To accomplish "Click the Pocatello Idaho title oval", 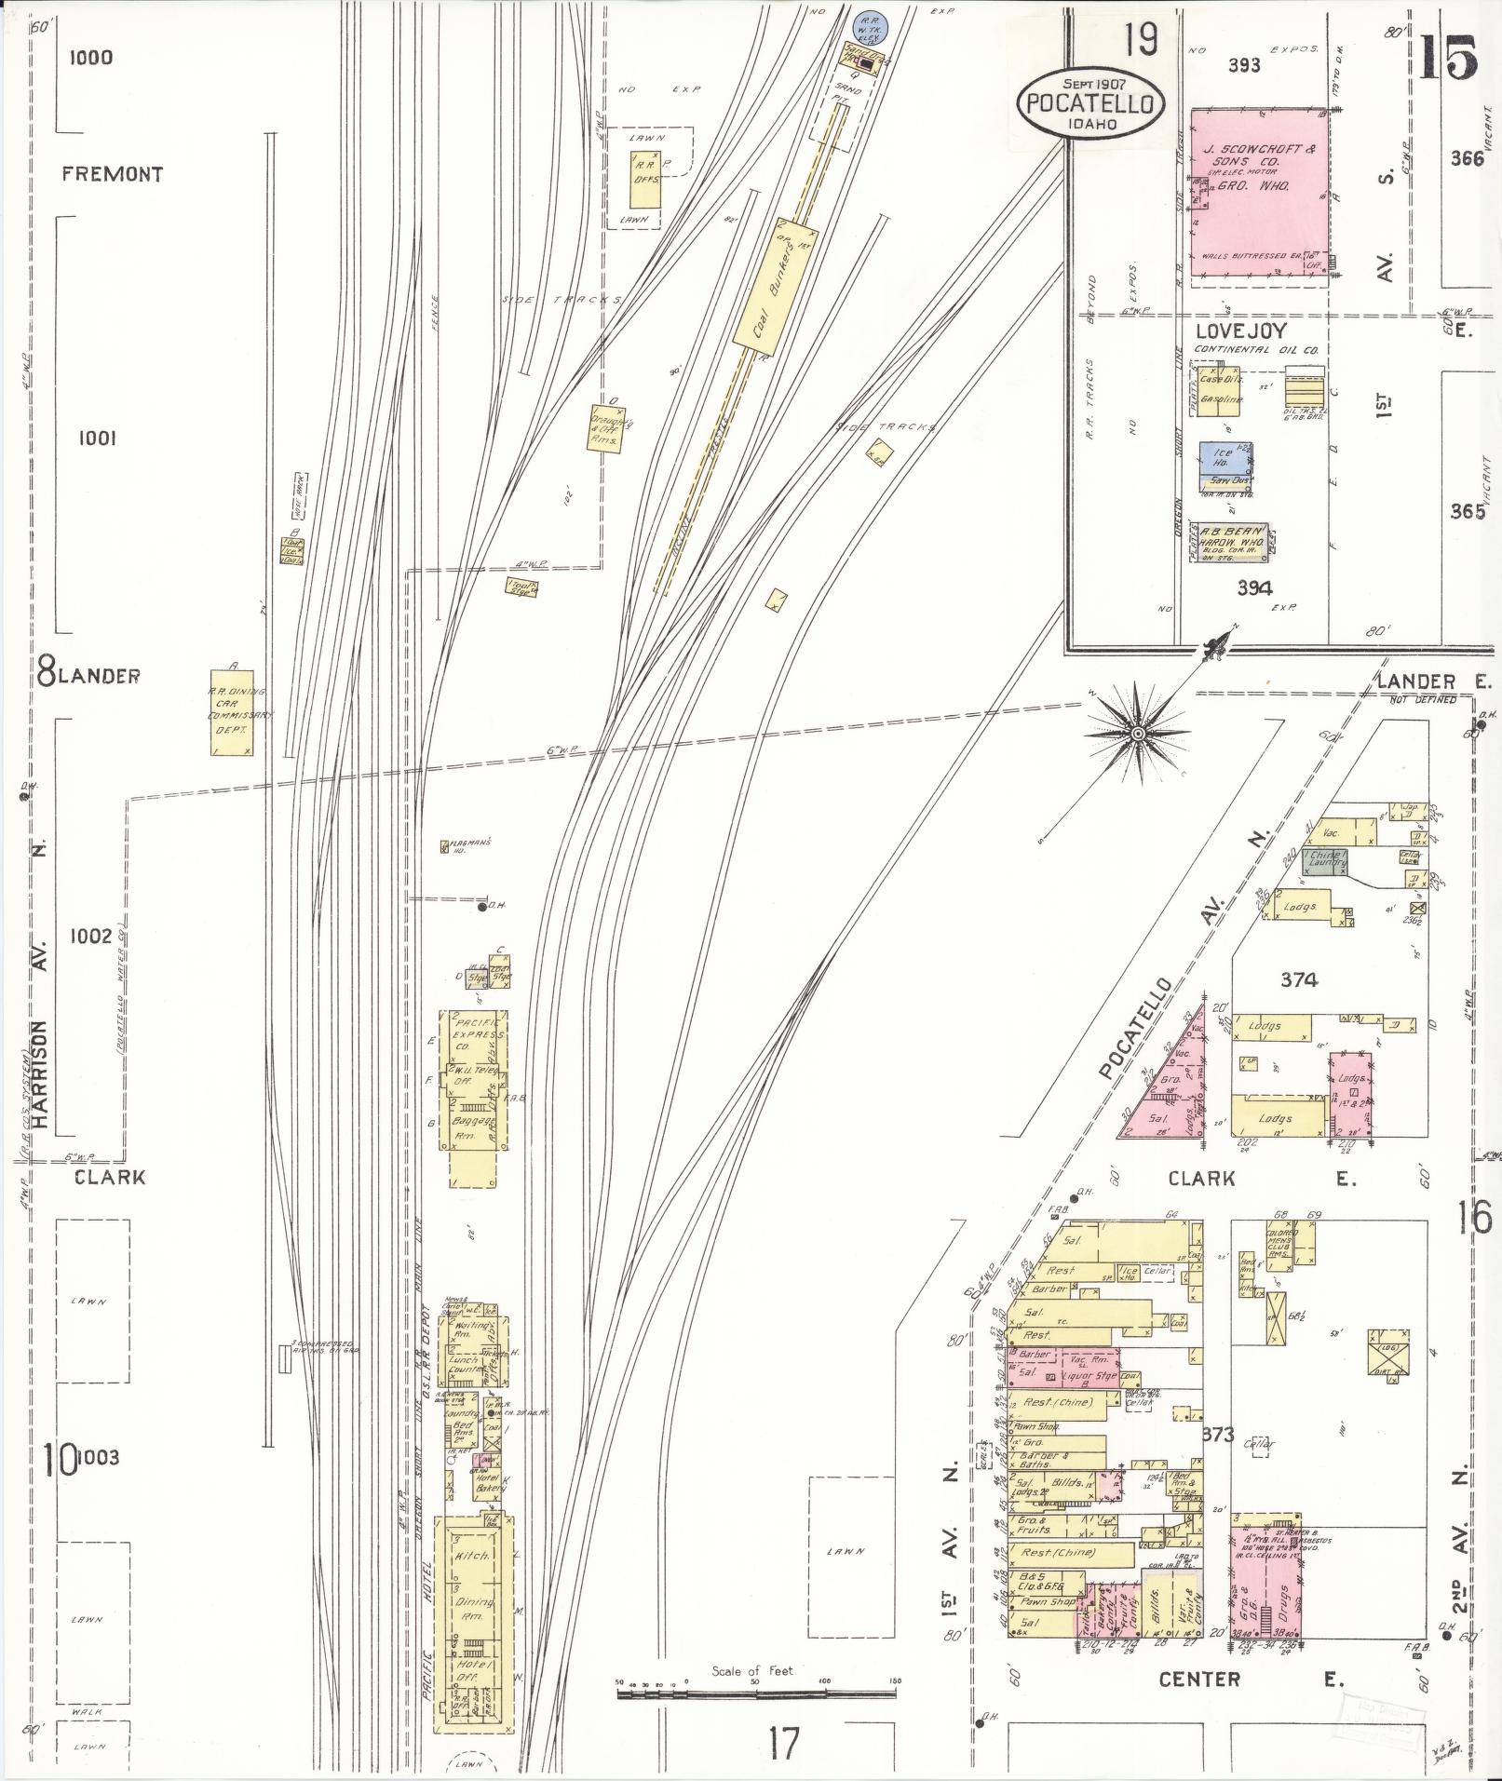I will click(x=1090, y=103).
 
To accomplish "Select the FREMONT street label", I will click(x=113, y=174).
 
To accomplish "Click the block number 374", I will click(x=1299, y=979).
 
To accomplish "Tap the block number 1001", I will click(x=97, y=438).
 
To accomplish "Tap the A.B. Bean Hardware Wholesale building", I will click(x=1233, y=540).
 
